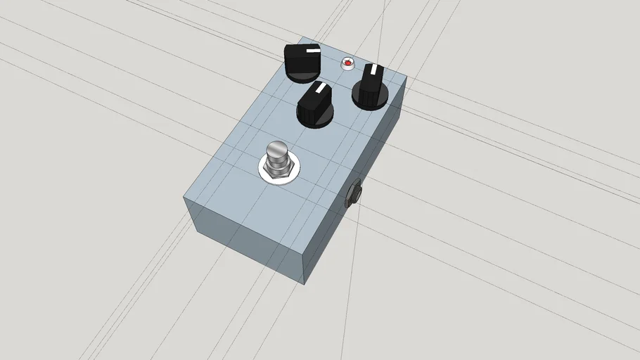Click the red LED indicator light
click(x=347, y=63)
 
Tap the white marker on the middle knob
click(x=321, y=89)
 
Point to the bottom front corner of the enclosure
click(x=304, y=283)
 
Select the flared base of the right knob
click(x=370, y=101)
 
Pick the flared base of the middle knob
click(x=315, y=120)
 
